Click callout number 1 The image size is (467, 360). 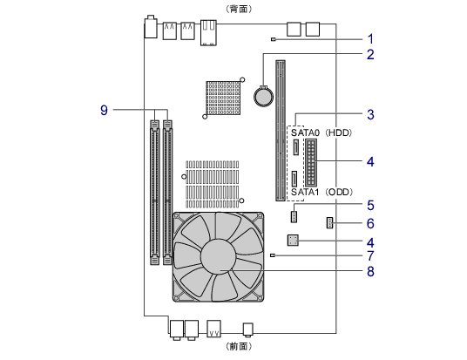[x=370, y=39]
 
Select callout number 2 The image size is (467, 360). [x=370, y=55]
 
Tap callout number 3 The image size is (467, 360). [x=370, y=114]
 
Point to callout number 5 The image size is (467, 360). [x=370, y=206]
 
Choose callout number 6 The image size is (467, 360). [x=370, y=223]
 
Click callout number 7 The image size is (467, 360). [x=370, y=255]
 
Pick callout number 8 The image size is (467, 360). [x=370, y=271]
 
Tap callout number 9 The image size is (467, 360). [x=104, y=110]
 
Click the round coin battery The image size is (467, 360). [x=263, y=96]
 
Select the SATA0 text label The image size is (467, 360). [x=305, y=132]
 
